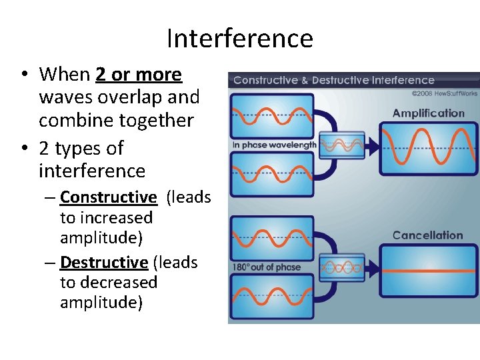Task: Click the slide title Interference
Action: (239, 39)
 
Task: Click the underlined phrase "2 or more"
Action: (138, 75)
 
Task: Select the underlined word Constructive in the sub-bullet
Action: (108, 197)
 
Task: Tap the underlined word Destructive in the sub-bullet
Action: (104, 263)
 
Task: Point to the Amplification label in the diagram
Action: (428, 113)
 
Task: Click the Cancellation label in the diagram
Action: (427, 235)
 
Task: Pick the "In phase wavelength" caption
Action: (273, 145)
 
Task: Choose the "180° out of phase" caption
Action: (266, 267)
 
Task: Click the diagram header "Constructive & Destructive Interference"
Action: (333, 80)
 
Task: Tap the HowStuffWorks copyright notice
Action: (445, 93)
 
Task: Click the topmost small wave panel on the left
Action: (273, 115)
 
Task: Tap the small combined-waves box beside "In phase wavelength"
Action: (341, 143)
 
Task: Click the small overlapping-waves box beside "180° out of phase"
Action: (341, 267)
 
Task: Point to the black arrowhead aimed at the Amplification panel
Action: (374, 143)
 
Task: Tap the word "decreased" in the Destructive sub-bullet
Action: (109, 283)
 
